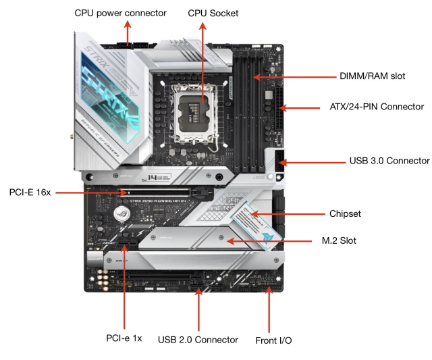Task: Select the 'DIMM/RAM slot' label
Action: click(x=373, y=76)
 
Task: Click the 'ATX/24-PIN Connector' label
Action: click(x=376, y=107)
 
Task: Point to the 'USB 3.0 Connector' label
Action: click(x=389, y=161)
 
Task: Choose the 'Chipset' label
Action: click(x=345, y=213)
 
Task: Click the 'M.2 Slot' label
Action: click(x=339, y=240)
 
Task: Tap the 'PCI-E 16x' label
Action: click(x=29, y=192)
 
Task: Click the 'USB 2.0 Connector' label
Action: click(x=198, y=340)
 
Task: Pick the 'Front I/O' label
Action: click(x=273, y=340)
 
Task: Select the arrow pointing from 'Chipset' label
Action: click(x=291, y=213)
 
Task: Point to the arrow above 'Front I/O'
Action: click(x=270, y=308)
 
